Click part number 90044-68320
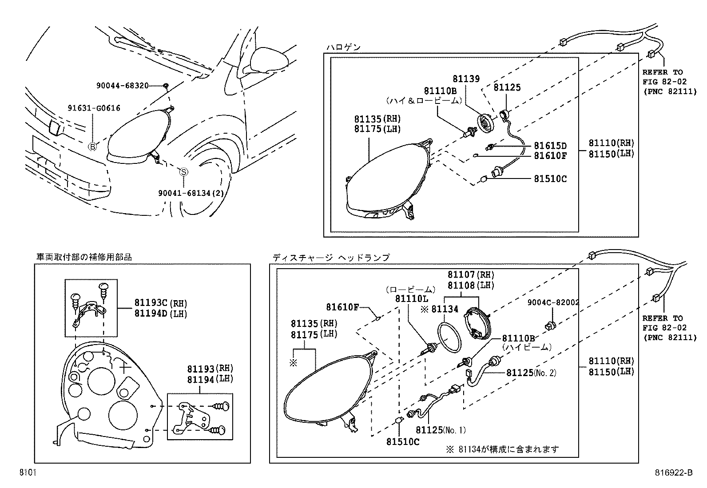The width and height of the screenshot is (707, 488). (122, 85)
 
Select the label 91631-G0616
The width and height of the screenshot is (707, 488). (94, 108)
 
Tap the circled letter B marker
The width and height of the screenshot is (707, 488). (92, 147)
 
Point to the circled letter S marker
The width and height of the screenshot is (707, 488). (183, 172)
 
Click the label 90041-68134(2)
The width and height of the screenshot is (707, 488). (191, 193)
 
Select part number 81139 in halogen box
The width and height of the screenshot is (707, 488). (466, 79)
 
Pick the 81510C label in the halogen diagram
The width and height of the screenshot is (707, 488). (550, 179)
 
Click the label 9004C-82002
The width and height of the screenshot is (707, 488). (553, 302)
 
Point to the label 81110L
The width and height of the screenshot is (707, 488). (412, 299)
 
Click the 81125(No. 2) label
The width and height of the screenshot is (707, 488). (531, 373)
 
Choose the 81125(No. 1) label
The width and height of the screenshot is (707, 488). (441, 430)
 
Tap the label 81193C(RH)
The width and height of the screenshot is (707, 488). (160, 303)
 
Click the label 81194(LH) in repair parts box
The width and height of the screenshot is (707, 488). (210, 379)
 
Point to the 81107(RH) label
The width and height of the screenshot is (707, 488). (471, 275)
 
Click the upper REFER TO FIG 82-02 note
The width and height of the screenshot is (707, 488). (669, 83)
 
